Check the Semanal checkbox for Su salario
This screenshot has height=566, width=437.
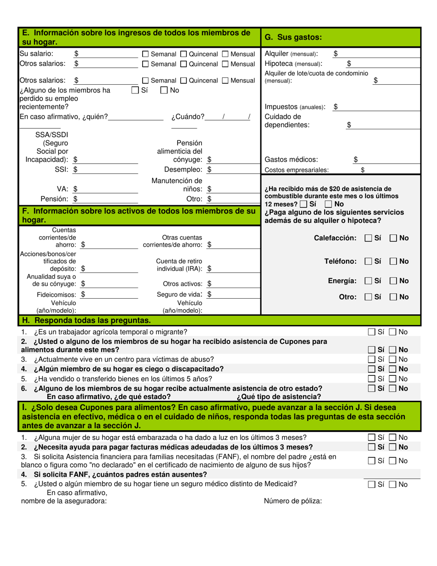145,54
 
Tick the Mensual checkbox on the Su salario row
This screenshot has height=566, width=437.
225,54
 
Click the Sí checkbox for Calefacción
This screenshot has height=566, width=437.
368,238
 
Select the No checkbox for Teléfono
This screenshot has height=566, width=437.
394,261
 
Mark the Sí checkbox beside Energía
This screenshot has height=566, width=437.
368,281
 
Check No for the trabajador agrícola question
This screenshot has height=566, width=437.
392,332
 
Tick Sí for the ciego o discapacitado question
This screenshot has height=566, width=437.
372,369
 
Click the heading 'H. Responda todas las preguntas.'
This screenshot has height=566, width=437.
86,320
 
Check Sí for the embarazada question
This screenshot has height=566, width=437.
372,437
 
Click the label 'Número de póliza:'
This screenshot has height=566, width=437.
293,502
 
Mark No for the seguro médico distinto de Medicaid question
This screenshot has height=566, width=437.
392,485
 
